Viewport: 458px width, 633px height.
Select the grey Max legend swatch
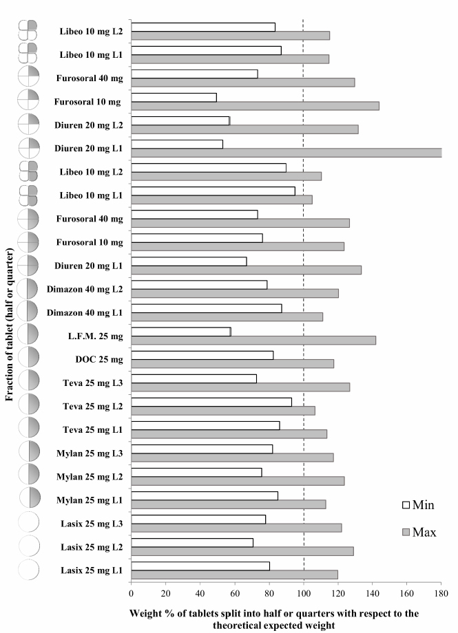pyautogui.click(x=406, y=531)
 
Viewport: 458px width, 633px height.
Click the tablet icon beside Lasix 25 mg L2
pyautogui.click(x=28, y=546)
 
